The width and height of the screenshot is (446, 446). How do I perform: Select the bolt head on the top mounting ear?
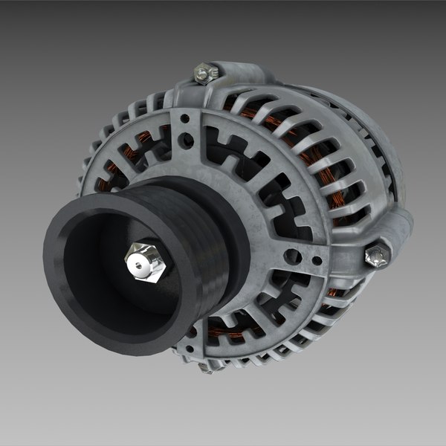pyautogui.click(x=206, y=72)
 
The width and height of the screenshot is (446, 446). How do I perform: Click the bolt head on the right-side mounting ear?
pyautogui.click(x=376, y=256)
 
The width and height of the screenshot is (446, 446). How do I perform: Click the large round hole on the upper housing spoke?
pyautogui.click(x=186, y=140)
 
